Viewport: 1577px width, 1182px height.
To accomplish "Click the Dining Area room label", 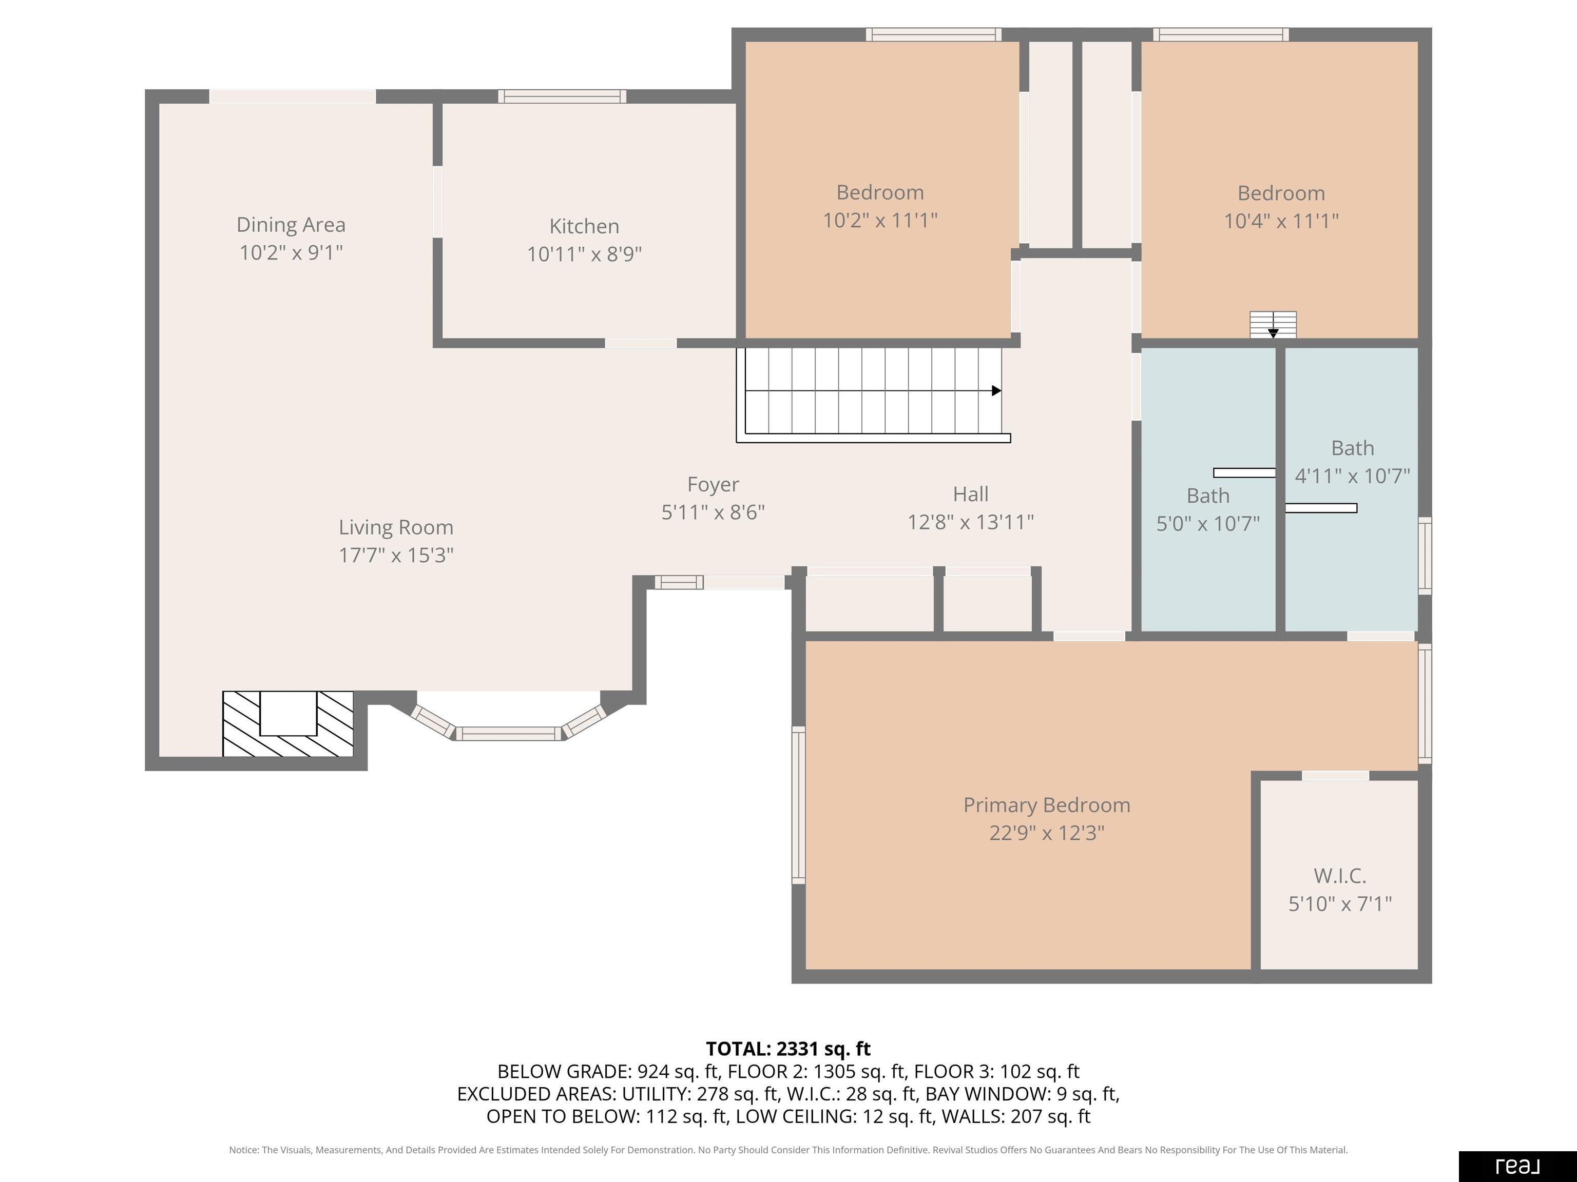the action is point(291,224).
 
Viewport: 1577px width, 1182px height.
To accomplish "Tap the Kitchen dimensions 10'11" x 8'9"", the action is point(585,254).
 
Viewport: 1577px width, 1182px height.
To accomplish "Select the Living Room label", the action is point(396,527).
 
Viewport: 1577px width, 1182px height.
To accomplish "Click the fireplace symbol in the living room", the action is point(288,724).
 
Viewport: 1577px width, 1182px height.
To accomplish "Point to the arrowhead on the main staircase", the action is point(997,390).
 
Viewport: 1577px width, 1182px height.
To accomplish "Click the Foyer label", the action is point(713,484).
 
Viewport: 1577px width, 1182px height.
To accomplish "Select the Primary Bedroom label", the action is point(1047,805).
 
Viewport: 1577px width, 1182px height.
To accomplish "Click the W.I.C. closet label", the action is point(1340,876).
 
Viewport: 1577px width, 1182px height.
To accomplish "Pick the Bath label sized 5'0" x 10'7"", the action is point(1208,496).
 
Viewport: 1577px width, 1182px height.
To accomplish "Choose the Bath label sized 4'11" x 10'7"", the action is point(1353,448).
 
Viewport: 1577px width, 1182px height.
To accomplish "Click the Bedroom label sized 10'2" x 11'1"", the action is point(880,192).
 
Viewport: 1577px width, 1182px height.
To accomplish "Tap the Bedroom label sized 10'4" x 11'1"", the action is point(1281,193).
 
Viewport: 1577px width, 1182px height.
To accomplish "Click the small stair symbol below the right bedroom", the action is point(1273,325).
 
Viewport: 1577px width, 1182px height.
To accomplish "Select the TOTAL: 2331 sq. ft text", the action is point(788,1049).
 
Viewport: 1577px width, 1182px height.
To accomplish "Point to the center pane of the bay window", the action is point(509,733).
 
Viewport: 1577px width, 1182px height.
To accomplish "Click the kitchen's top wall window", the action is point(563,96).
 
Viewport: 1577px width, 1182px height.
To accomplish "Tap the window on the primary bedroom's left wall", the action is point(798,805).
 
